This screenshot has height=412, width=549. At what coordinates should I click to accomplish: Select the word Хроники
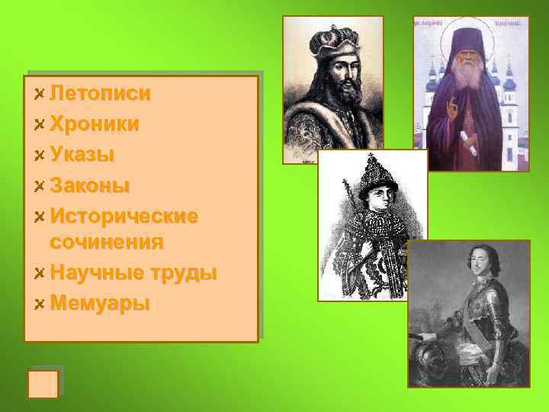pyautogui.click(x=94, y=124)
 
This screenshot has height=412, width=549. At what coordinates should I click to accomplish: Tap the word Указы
pyautogui.click(x=82, y=154)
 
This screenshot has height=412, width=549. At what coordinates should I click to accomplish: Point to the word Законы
pyautogui.click(x=89, y=185)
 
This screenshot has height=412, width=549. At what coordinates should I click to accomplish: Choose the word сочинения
pyautogui.click(x=107, y=243)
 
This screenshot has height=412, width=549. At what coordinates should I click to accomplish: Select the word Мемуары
pyautogui.click(x=99, y=303)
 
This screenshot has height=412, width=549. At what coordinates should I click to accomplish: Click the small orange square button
pyautogui.click(x=43, y=384)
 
